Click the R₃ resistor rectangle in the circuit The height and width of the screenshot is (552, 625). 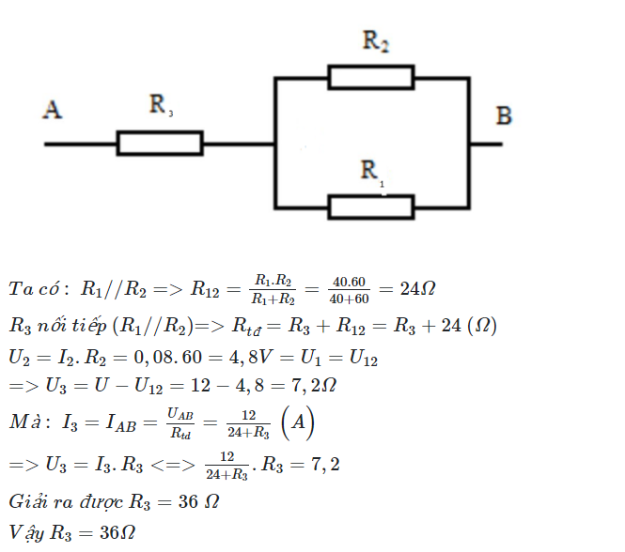tap(160, 144)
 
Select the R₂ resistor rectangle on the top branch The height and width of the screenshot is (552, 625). tap(370, 77)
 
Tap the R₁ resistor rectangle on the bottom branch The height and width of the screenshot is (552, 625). tap(370, 207)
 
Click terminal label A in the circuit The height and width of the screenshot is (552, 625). tap(53, 111)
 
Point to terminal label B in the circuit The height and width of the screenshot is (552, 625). tap(504, 116)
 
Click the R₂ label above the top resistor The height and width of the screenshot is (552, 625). tap(375, 42)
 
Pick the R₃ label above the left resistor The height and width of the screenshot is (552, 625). tap(160, 105)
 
